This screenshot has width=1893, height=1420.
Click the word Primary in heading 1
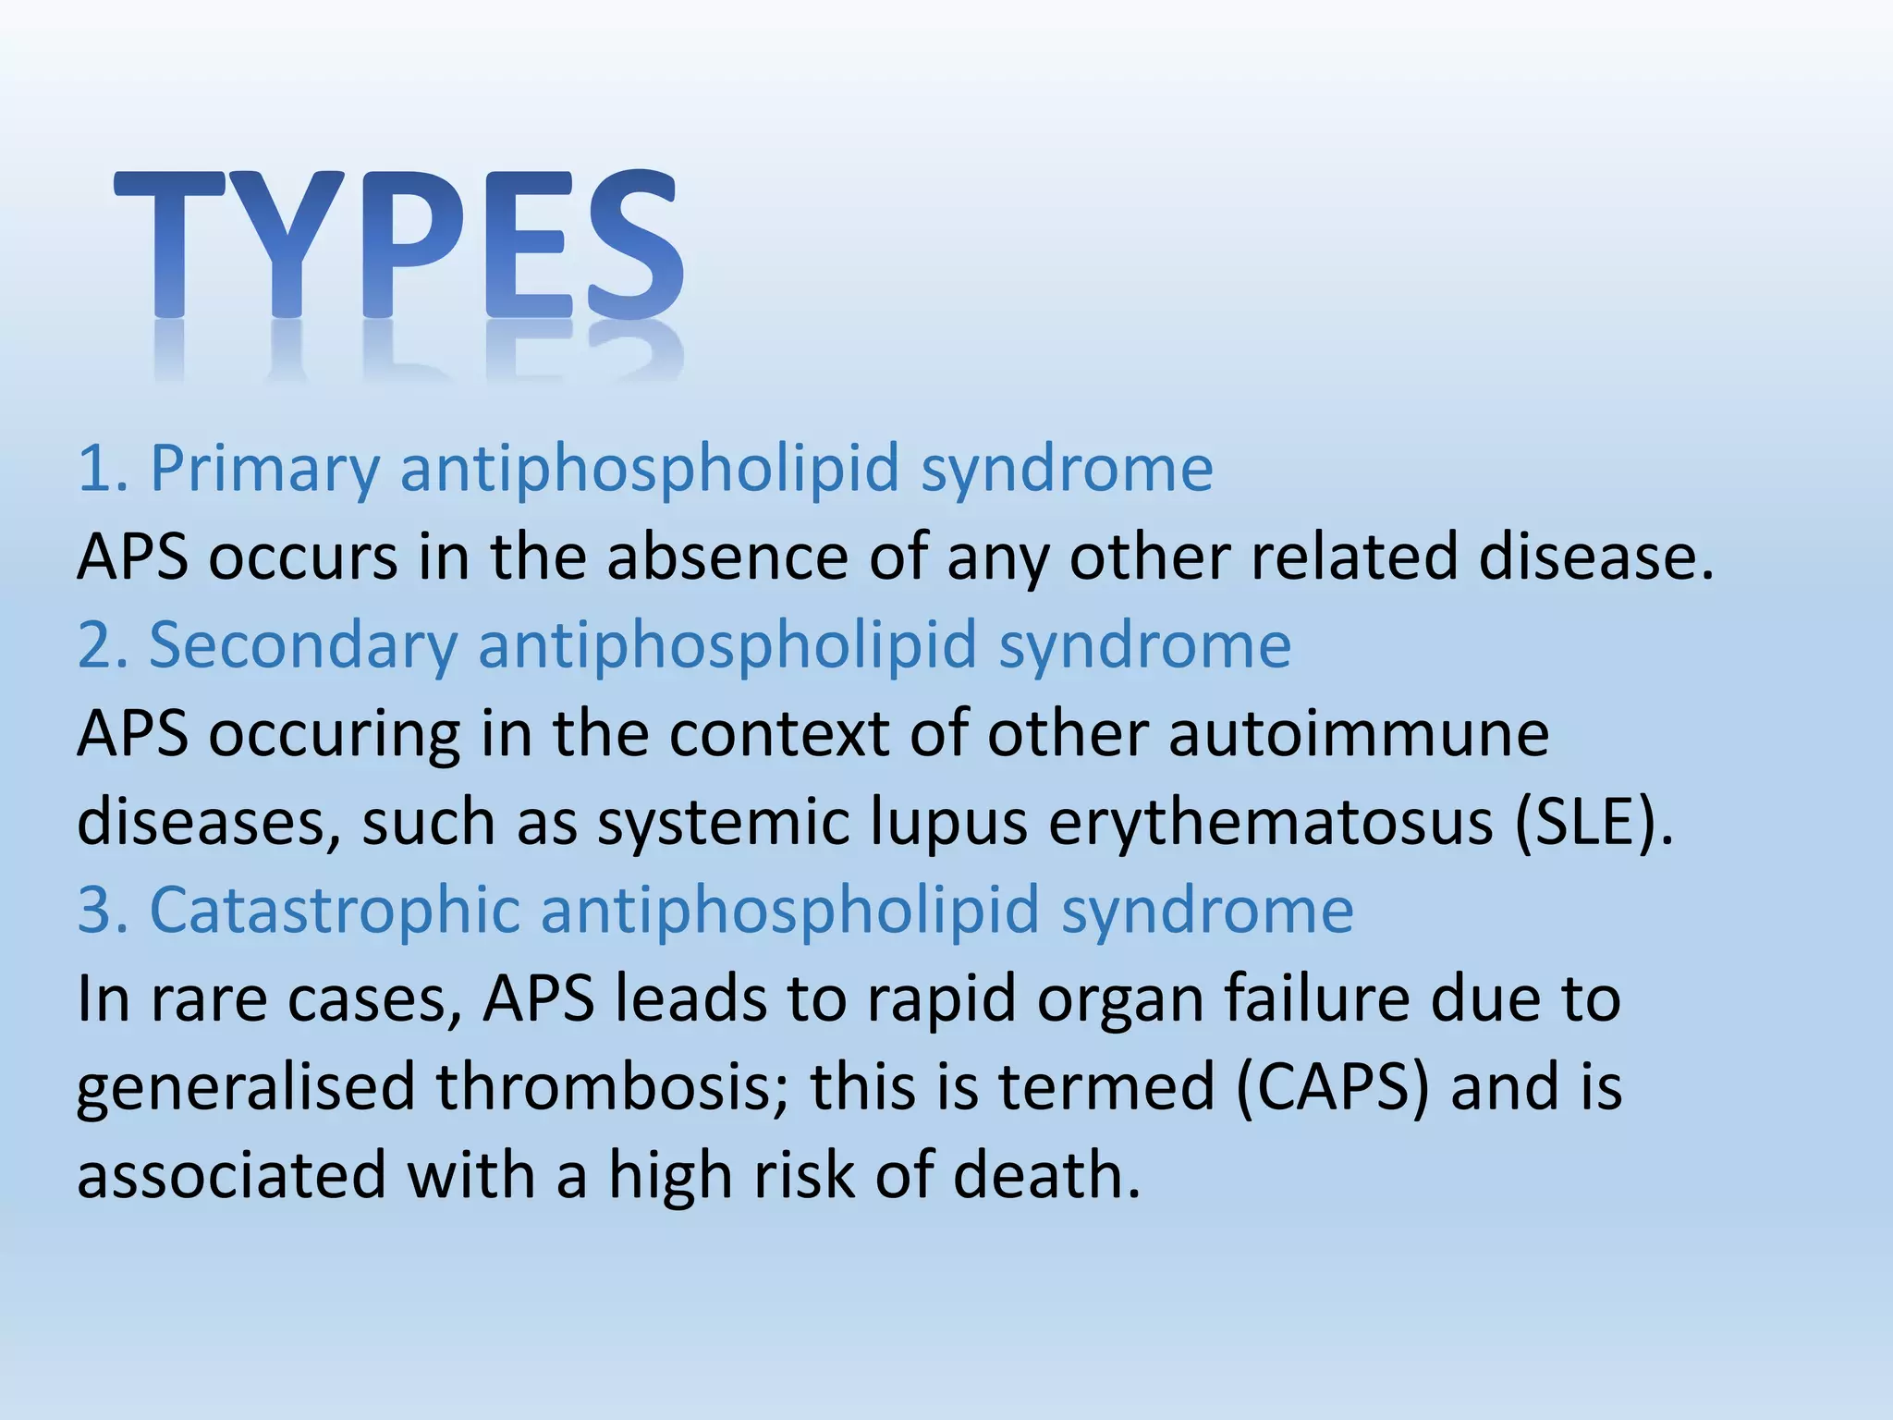[264, 469]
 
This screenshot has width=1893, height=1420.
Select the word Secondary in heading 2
[303, 644]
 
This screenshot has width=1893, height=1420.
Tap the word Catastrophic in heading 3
[334, 910]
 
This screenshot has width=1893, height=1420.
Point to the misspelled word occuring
[334, 735]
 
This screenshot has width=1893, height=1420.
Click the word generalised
[245, 1088]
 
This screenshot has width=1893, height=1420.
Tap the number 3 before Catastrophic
[94, 910]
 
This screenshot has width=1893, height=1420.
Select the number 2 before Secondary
[94, 644]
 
